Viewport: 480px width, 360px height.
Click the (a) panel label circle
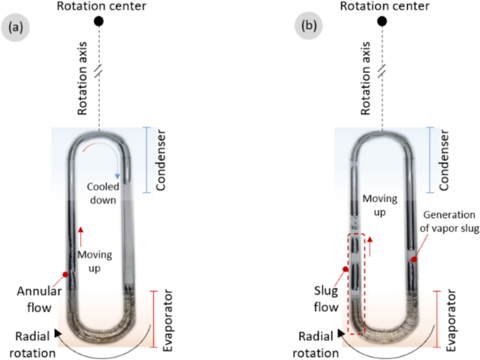tap(15, 29)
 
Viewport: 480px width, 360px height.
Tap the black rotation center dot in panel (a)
tap(100, 21)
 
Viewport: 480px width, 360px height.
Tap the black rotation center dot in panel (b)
tap(382, 21)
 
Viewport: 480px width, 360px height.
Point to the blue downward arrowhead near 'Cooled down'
tap(118, 175)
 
